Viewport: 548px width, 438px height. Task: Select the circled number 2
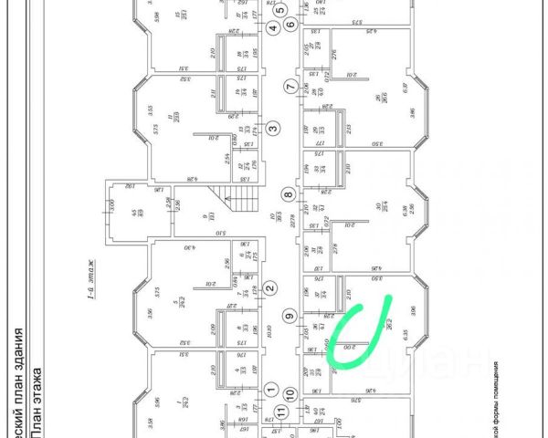(x=269, y=289)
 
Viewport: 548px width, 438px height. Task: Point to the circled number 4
(x=272, y=28)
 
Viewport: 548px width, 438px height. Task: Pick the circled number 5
(x=280, y=10)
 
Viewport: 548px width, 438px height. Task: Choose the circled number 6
(x=290, y=25)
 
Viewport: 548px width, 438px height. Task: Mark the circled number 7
(x=290, y=88)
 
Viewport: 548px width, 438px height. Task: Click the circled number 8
(x=289, y=193)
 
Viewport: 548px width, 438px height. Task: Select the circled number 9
(x=290, y=317)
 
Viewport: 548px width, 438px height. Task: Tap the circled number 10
(x=290, y=394)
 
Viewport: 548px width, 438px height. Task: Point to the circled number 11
(x=281, y=411)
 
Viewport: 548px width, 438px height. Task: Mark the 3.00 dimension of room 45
(x=112, y=206)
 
